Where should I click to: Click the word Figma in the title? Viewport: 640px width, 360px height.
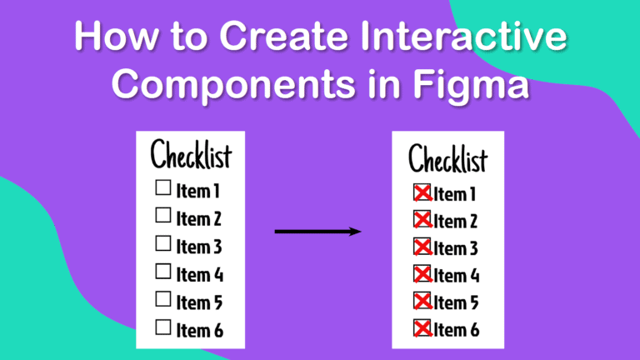point(471,86)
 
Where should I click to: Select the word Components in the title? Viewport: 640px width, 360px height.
point(233,84)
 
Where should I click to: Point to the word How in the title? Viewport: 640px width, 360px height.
point(116,36)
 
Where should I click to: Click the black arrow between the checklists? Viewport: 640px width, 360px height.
point(318,232)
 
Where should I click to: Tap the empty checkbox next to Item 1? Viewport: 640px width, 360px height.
point(163,187)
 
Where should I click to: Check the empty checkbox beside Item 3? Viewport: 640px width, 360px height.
point(163,243)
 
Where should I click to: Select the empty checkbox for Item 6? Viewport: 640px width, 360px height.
point(163,327)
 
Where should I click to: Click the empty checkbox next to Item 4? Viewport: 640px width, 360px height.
point(163,272)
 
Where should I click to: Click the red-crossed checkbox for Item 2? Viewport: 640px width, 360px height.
point(422,220)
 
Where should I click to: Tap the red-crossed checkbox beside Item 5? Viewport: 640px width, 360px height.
point(422,301)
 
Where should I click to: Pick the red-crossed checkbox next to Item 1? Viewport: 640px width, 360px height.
point(422,192)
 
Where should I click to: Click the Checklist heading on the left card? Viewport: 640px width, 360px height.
point(191,154)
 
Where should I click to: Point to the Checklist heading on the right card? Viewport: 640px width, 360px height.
point(448,158)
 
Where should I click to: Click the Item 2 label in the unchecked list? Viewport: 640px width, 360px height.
point(199,219)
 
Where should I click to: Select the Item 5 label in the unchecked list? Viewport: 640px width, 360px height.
point(199,302)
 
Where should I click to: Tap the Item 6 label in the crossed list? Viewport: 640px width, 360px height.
point(457,330)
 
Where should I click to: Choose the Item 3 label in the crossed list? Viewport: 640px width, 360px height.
point(456,248)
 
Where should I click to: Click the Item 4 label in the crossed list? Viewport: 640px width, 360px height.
point(457,276)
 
